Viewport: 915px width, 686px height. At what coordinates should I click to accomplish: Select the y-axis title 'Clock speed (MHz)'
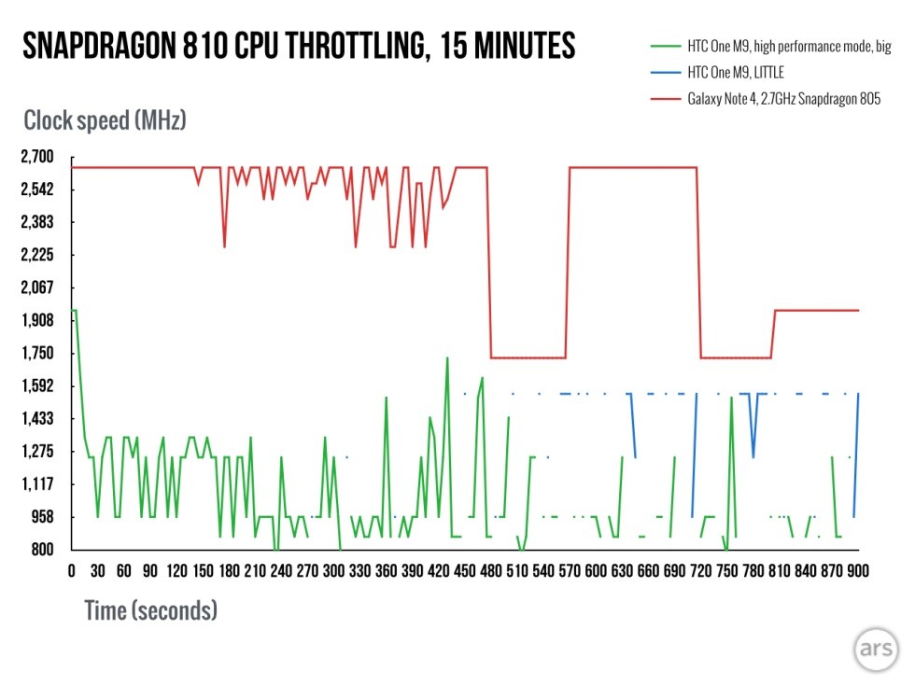pyautogui.click(x=106, y=120)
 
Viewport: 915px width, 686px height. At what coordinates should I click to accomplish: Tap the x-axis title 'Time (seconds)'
pyautogui.click(x=150, y=611)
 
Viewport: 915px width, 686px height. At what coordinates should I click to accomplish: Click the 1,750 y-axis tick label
pyautogui.click(x=38, y=353)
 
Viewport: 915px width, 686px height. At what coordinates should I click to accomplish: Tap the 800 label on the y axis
pyautogui.click(x=43, y=549)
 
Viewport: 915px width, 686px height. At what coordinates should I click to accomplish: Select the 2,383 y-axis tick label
pyautogui.click(x=38, y=222)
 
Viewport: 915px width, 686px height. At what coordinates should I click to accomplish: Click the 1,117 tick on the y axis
pyautogui.click(x=38, y=483)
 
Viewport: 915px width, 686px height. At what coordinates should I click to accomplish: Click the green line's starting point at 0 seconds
pyautogui.click(x=73, y=310)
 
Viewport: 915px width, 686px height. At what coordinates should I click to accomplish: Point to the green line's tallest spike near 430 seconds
pyautogui.click(x=447, y=357)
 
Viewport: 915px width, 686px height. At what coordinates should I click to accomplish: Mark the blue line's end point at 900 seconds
pyautogui.click(x=858, y=394)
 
